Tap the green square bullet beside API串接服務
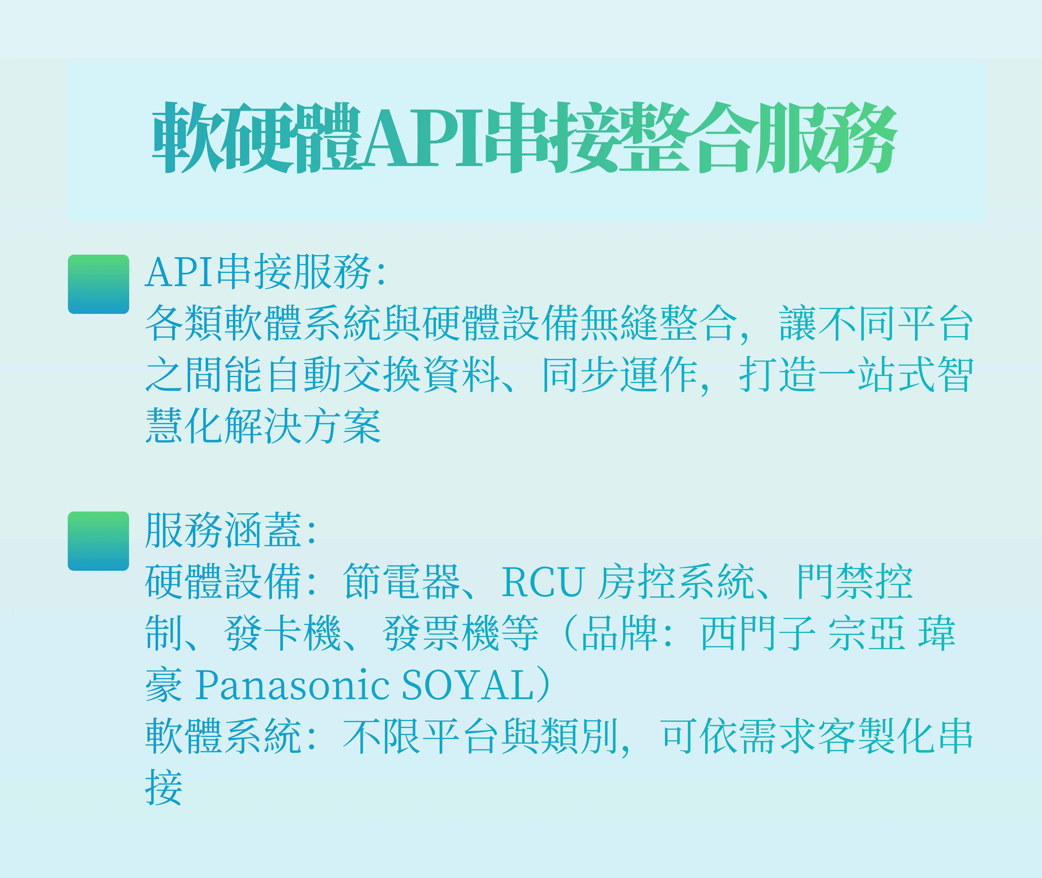click(98, 284)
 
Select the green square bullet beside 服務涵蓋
click(98, 541)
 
